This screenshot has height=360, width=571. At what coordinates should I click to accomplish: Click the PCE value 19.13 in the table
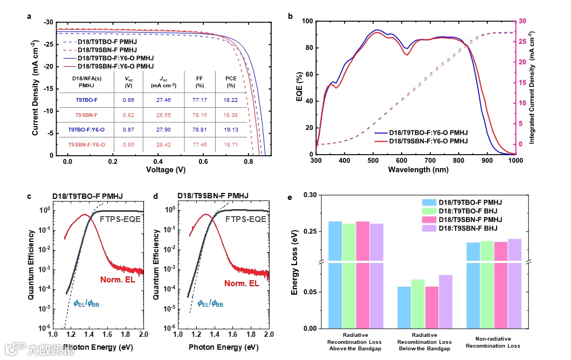click(x=231, y=129)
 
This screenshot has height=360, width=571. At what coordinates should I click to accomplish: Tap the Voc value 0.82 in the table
click(x=128, y=115)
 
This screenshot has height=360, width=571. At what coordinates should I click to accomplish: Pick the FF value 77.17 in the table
click(x=199, y=100)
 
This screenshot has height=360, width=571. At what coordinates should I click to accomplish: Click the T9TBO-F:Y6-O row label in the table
click(x=86, y=129)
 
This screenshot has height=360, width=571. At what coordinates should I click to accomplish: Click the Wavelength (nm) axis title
click(x=416, y=169)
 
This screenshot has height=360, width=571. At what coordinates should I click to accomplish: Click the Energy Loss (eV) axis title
click(x=295, y=261)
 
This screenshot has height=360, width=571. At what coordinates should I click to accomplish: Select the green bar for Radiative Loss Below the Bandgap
click(x=417, y=303)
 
